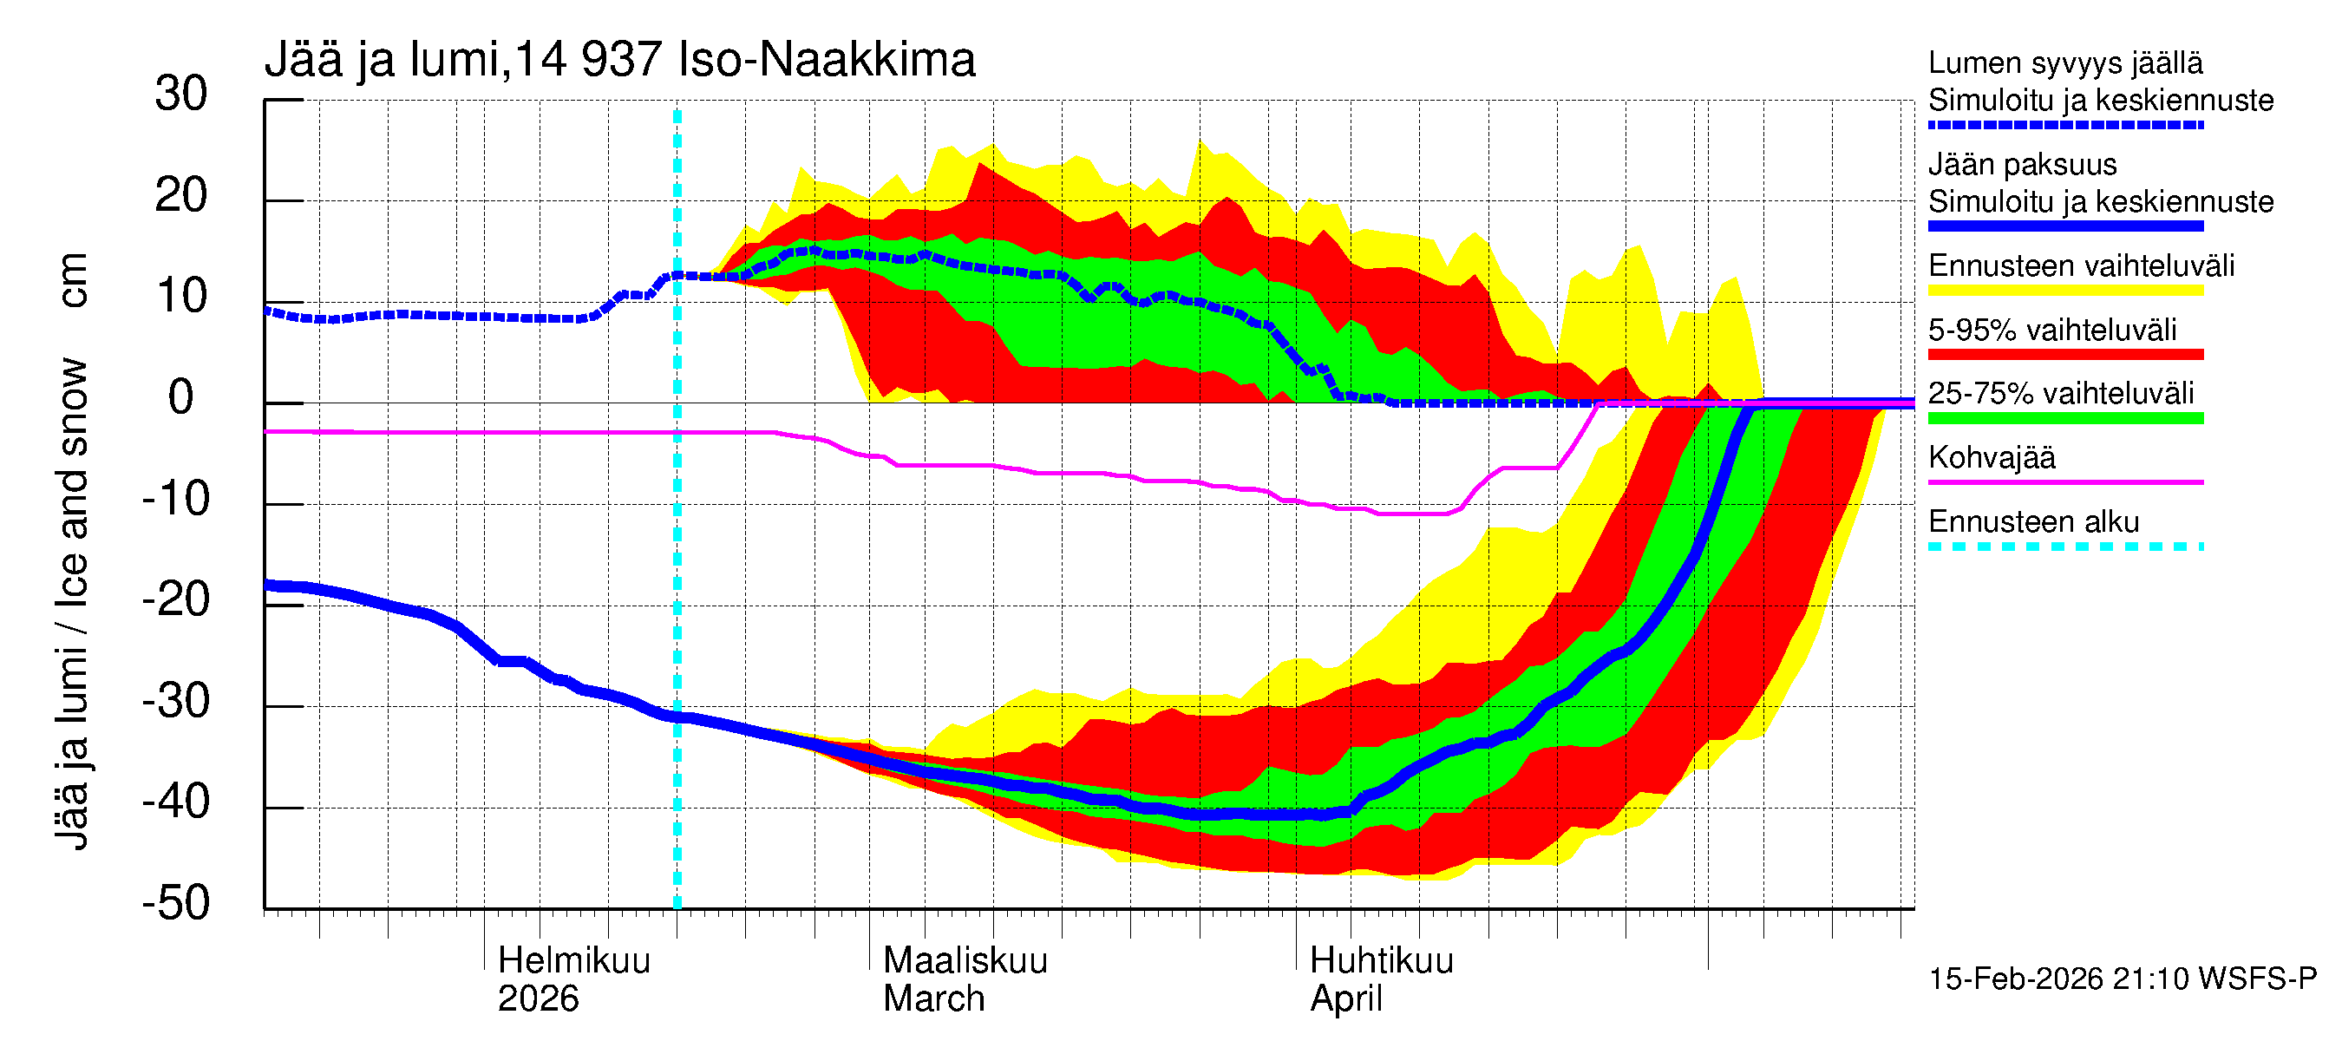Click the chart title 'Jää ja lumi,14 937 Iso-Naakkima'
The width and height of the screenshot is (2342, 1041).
(x=619, y=60)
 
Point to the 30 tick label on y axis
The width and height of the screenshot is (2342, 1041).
(x=181, y=95)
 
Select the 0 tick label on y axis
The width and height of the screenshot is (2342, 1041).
(x=181, y=398)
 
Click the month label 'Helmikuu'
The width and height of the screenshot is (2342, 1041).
(x=573, y=961)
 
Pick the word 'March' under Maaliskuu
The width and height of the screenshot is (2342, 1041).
(x=933, y=999)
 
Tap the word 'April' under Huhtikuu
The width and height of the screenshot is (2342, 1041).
(x=1345, y=999)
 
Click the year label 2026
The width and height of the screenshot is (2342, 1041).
(x=537, y=999)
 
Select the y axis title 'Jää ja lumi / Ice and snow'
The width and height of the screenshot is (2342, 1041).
(x=72, y=605)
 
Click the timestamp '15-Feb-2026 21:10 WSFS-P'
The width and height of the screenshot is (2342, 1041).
(x=2122, y=979)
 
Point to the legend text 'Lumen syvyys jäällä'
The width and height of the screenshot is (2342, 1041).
(x=2064, y=63)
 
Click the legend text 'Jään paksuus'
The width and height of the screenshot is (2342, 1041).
(x=2022, y=165)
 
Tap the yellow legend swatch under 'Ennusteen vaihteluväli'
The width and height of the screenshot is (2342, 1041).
(x=2064, y=291)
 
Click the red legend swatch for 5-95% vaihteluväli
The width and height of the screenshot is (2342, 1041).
(x=2064, y=355)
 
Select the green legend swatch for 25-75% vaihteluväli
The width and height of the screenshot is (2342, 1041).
(x=2064, y=418)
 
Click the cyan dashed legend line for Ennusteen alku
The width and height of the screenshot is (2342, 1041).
(x=2064, y=547)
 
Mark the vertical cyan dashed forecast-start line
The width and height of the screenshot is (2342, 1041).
(x=677, y=546)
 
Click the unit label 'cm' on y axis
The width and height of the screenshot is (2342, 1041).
(x=72, y=280)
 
